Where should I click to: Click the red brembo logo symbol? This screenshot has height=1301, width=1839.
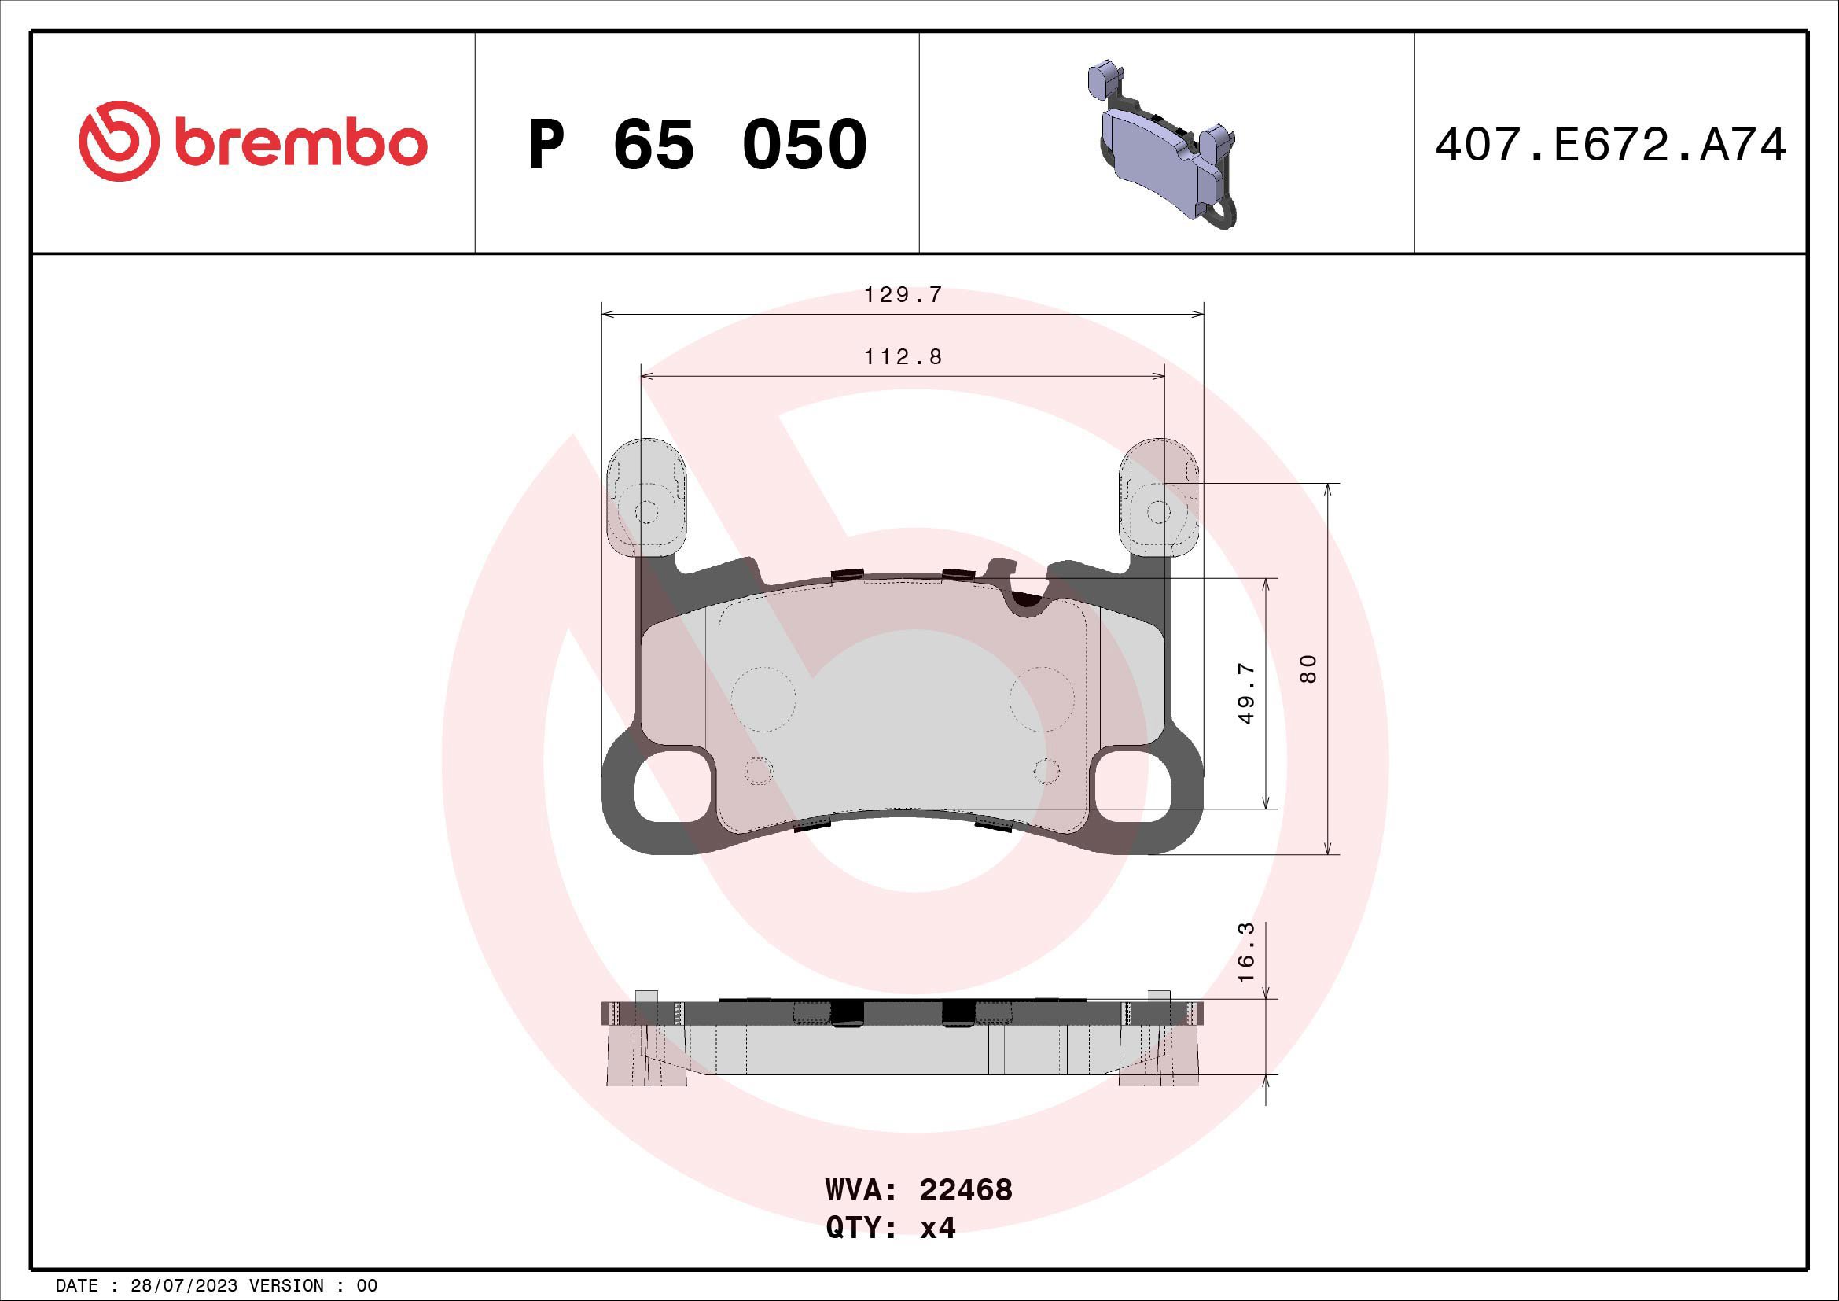(116, 141)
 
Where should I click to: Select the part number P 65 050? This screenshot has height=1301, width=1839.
(697, 145)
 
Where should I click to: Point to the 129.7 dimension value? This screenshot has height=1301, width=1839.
(903, 296)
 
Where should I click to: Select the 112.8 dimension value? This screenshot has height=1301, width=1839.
(903, 357)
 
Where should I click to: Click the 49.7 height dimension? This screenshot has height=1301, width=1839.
(1245, 694)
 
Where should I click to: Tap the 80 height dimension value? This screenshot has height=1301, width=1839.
(1308, 668)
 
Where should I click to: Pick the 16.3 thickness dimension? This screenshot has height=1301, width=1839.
(1245, 953)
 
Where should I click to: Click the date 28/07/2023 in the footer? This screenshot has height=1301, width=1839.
(183, 1286)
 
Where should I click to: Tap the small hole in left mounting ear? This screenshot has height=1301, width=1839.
(647, 512)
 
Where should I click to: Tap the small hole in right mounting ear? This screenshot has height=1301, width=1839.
(1158, 512)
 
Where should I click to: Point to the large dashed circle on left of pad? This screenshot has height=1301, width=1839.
(763, 698)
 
